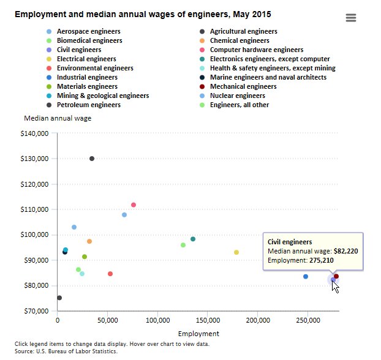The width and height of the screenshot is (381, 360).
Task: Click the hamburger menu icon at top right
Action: (x=350, y=18)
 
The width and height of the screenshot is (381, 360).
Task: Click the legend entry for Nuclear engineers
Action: (x=237, y=96)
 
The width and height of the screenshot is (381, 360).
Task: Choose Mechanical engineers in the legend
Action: (x=243, y=86)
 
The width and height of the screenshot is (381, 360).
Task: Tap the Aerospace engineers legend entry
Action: (x=88, y=31)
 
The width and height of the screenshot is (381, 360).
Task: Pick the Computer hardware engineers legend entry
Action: (x=256, y=50)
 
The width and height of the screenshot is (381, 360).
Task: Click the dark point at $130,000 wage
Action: (x=92, y=159)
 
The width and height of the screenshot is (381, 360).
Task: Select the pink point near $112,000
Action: (x=134, y=205)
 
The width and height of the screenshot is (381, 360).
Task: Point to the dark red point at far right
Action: (x=336, y=276)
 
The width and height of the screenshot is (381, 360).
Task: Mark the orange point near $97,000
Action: (x=89, y=241)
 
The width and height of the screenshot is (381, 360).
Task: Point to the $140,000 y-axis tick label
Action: (x=34, y=133)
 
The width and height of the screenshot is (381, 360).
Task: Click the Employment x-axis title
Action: (x=198, y=334)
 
